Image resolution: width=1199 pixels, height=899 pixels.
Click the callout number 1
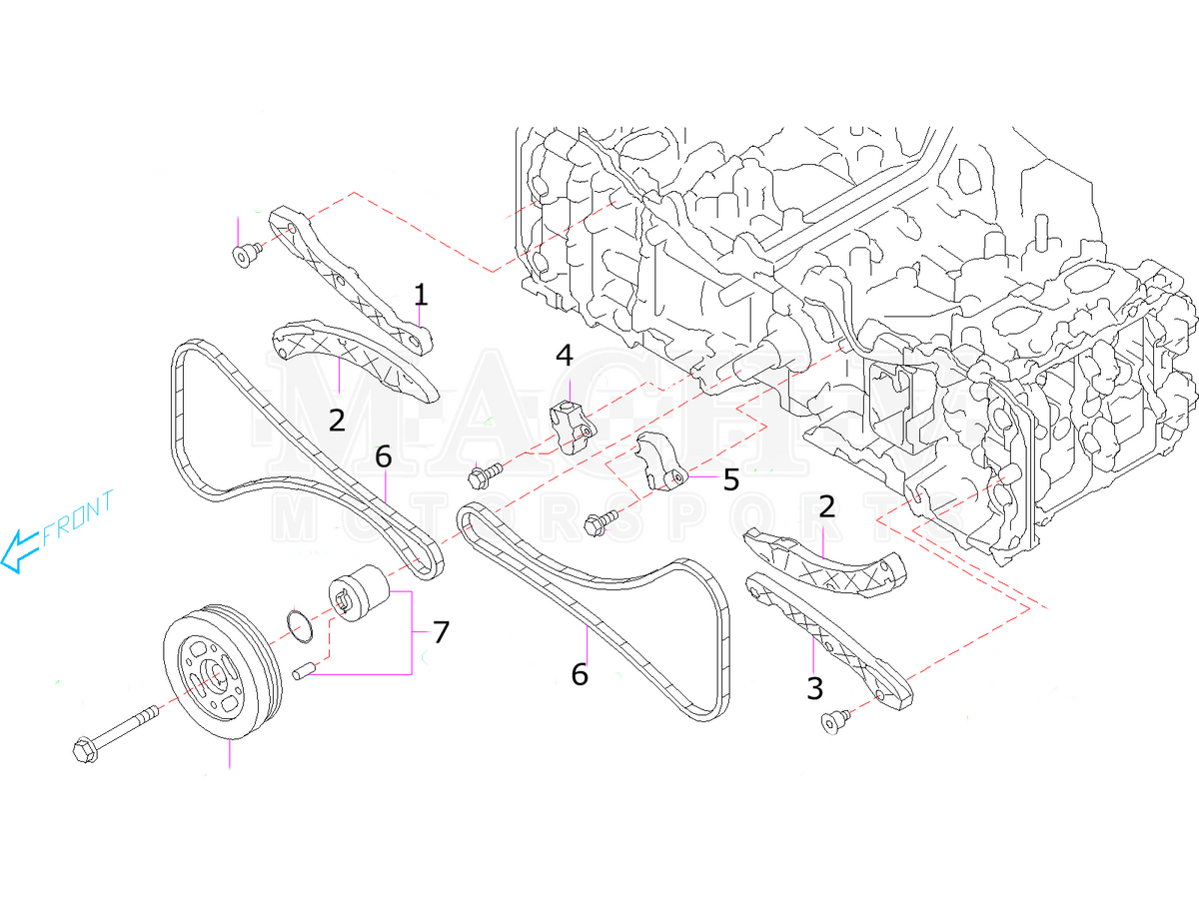[421, 295]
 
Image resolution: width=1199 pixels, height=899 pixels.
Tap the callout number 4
[565, 356]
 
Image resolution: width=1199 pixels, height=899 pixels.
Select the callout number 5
[730, 479]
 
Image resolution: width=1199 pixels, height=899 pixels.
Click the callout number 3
[815, 687]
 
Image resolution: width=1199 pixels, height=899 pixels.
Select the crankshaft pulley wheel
[215, 674]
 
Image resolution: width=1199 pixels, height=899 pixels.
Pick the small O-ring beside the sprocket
[295, 623]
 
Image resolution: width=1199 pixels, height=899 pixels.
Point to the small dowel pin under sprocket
[305, 670]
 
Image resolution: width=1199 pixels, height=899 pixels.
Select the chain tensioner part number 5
[659, 463]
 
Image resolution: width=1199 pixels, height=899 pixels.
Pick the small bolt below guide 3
[833, 720]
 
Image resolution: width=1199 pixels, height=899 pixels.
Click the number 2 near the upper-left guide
[337, 420]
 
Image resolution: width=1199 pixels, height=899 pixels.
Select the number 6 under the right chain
[580, 675]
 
